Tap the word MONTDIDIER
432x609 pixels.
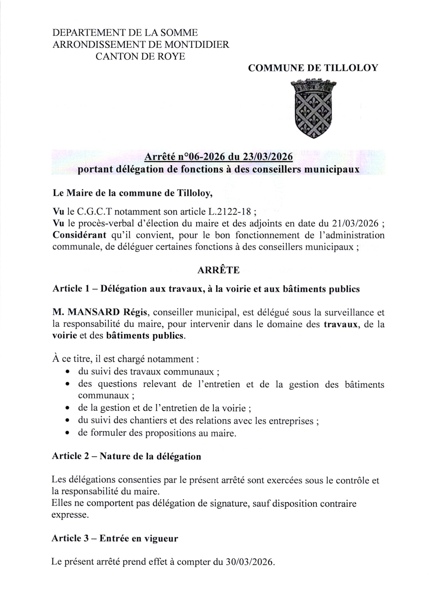pos(197,45)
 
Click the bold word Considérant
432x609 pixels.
pos(79,236)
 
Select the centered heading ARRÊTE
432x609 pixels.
pos(218,270)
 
